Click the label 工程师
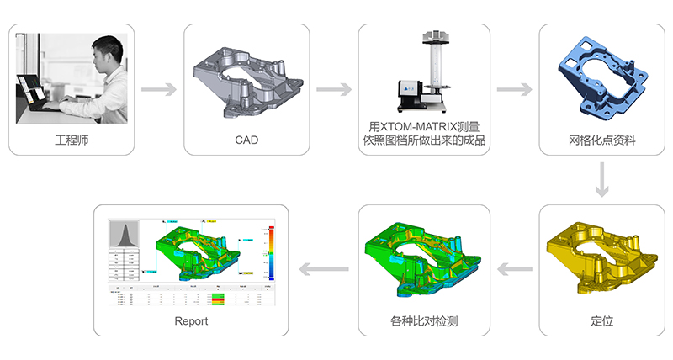click(x=71, y=139)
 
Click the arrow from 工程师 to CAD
click(x=158, y=88)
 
